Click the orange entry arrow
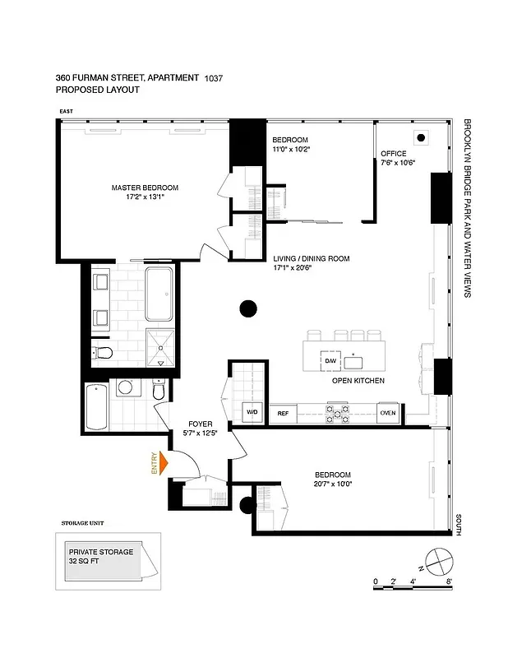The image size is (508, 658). (163, 464)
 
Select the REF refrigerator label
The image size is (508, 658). (284, 414)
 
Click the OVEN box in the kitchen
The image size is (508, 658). (388, 414)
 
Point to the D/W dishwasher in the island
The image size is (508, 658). (330, 361)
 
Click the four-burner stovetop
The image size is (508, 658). (339, 411)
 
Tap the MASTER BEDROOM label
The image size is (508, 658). (145, 188)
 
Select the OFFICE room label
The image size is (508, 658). (394, 153)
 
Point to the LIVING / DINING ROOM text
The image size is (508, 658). (311, 258)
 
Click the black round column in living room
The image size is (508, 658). (247, 309)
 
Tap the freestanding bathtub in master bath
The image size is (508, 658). (159, 294)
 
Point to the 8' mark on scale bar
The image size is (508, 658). (450, 582)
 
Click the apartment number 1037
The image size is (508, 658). (213, 78)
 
